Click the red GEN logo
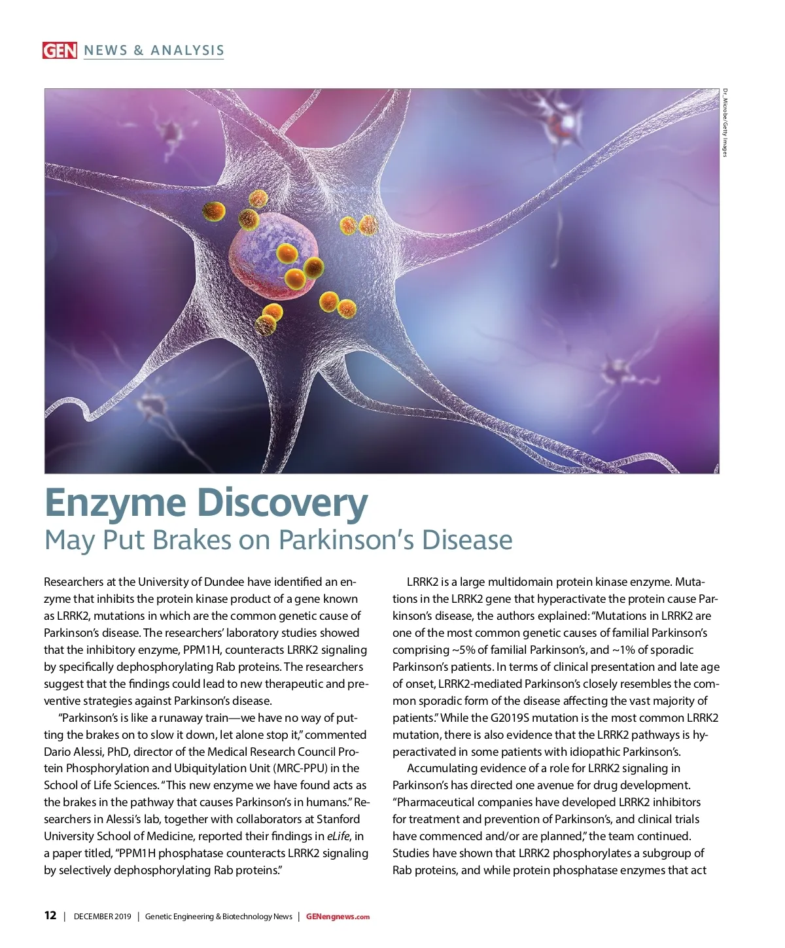60,50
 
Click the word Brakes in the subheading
193,540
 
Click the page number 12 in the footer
50,915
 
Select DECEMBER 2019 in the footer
102,916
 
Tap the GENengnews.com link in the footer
338,916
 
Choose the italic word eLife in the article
338,836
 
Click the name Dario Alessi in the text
73,751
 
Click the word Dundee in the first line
230,582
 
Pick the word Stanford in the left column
338,819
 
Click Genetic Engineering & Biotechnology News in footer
218,916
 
